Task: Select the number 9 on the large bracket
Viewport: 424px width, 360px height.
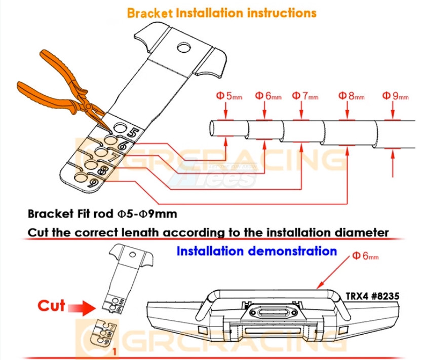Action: pyautogui.click(x=93, y=183)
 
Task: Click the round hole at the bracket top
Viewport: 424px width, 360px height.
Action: pyautogui.click(x=182, y=48)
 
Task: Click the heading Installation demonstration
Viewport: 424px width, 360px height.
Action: pyautogui.click(x=256, y=251)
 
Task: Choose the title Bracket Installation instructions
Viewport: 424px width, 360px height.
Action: pyautogui.click(x=222, y=12)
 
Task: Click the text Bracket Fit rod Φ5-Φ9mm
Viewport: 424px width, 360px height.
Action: pyautogui.click(x=103, y=213)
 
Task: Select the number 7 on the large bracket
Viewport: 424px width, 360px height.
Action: pyautogui.click(x=114, y=158)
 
